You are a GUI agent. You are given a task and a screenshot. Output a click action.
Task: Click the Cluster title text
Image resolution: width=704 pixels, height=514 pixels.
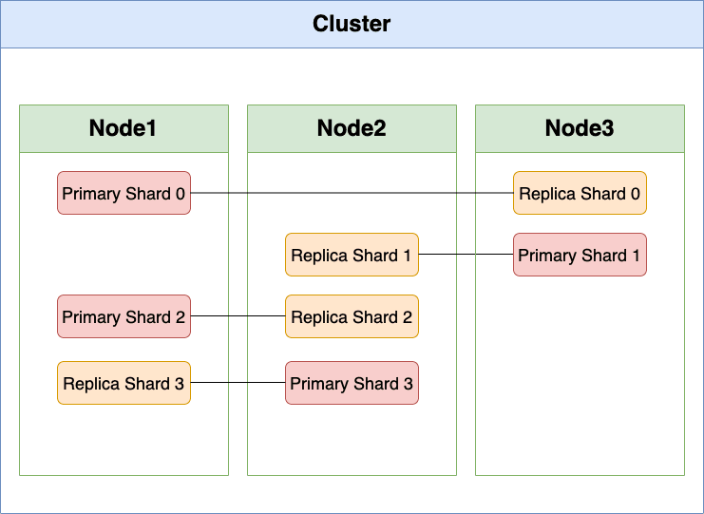[352, 24]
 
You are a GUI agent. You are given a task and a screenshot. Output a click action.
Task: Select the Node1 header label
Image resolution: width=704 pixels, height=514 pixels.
[123, 128]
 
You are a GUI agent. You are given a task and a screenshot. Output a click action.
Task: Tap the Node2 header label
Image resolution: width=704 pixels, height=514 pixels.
[352, 128]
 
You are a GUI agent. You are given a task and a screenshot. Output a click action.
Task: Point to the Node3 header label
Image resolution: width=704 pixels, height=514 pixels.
[580, 128]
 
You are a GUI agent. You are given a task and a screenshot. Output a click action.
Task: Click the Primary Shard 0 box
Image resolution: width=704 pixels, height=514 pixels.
[124, 193]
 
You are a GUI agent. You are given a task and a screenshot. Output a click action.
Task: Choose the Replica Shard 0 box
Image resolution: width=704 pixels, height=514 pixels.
[580, 193]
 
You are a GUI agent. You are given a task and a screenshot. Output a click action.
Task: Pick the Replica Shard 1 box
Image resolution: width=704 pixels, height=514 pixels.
[352, 255]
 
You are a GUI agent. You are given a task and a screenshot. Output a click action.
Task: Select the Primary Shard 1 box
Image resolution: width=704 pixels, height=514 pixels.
[580, 255]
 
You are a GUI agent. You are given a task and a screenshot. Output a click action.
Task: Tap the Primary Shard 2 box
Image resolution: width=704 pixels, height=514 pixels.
[124, 316]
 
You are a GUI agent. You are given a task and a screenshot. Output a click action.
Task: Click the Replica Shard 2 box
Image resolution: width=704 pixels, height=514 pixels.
[352, 316]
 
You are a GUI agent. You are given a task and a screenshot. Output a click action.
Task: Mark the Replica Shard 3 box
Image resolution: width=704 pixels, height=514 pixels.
[124, 383]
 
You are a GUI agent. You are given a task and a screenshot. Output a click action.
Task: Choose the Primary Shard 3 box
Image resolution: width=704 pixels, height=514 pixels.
[352, 383]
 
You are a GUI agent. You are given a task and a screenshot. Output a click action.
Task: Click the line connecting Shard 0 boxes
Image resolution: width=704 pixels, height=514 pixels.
[352, 193]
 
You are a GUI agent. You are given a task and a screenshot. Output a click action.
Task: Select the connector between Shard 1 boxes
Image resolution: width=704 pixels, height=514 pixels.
[466, 254]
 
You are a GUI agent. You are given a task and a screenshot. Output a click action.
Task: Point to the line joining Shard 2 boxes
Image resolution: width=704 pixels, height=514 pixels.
[238, 316]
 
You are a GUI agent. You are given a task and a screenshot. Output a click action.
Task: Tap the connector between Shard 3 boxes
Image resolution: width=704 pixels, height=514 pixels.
[238, 383]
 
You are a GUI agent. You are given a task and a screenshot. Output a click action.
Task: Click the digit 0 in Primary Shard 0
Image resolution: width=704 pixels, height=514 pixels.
[181, 194]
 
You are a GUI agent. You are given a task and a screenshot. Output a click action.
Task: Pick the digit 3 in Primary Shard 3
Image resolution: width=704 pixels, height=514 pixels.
[409, 384]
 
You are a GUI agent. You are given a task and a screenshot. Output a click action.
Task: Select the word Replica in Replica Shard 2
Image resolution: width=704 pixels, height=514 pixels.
[320, 318]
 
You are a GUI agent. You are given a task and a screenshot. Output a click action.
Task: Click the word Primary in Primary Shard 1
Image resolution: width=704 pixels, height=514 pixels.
[543, 256]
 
